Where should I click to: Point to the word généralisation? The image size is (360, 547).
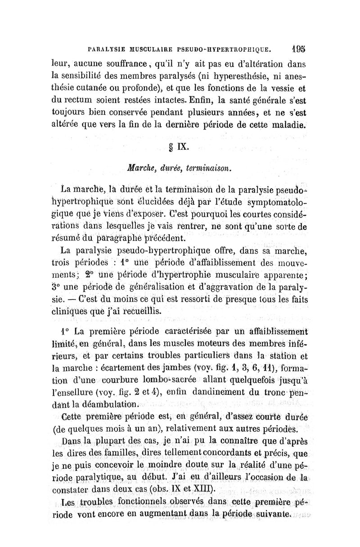coord(172,288)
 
